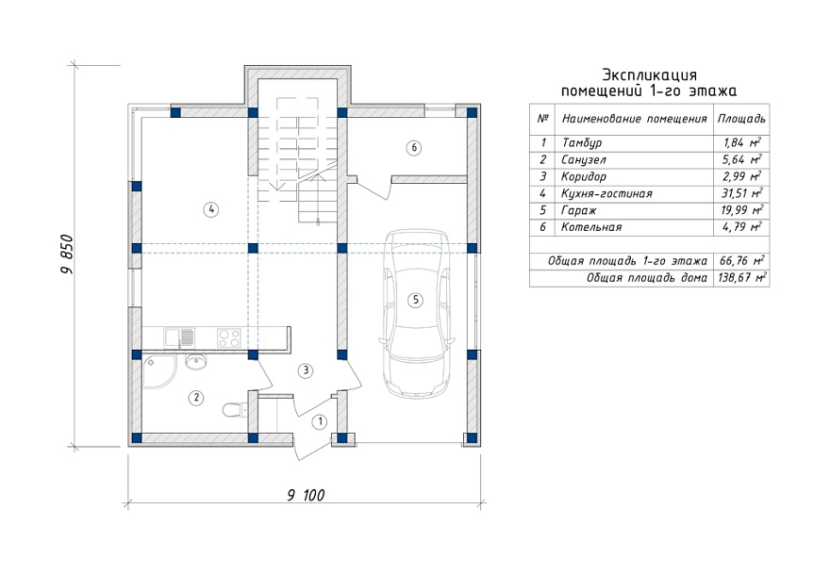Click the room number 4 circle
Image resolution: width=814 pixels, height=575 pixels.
tap(210, 209)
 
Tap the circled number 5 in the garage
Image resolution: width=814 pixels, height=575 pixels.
tap(415, 300)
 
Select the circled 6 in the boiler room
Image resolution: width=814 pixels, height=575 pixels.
tap(414, 148)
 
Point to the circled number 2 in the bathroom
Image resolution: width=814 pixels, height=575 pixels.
tap(196, 398)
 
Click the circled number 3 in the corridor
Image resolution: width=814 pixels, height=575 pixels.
tap(306, 370)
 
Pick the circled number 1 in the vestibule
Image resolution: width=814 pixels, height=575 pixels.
tap(320, 422)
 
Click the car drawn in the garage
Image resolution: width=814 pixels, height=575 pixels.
tap(417, 314)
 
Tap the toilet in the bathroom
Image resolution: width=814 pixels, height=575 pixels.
tap(233, 410)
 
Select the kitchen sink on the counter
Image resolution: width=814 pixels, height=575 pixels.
tap(179, 337)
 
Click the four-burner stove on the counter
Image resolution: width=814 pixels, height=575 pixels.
tap(229, 337)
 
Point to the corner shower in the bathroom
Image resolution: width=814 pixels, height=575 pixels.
tap(158, 371)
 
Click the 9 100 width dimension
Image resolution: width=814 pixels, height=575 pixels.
tap(306, 495)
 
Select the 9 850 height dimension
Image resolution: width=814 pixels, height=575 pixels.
tap(67, 255)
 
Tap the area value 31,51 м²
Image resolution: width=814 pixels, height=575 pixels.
tap(742, 193)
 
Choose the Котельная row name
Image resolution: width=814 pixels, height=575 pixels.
tap(591, 227)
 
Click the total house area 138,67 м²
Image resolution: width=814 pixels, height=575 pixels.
tap(741, 277)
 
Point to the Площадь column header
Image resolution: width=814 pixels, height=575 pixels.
tap(741, 119)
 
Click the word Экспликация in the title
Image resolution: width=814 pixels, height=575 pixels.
tap(649, 74)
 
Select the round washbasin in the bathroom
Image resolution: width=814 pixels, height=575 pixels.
tap(195, 361)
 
